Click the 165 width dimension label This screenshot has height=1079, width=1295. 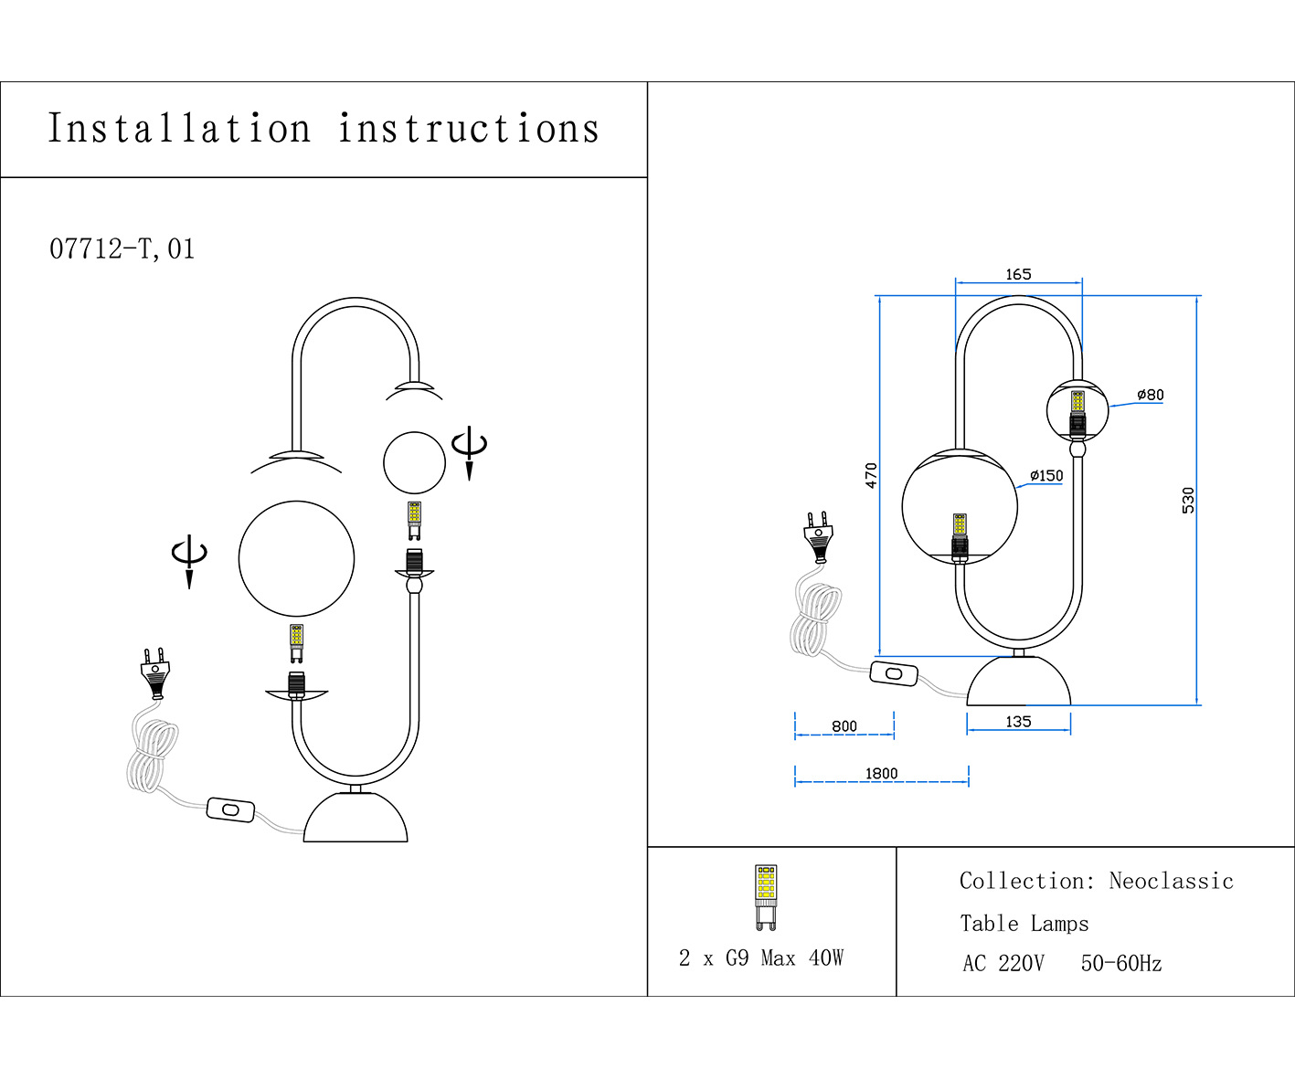1018,274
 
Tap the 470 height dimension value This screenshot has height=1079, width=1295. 871,475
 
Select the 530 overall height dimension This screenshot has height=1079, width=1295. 1187,500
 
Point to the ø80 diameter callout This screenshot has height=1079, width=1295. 1150,395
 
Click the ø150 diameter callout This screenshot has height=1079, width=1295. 1046,475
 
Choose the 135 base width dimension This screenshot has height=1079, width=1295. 1018,721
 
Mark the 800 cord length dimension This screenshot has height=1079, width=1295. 844,726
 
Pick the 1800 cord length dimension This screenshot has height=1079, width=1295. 881,773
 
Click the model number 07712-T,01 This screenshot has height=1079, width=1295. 122,249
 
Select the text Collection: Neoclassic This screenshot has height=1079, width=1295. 1096,881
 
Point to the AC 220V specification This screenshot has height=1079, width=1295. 1003,963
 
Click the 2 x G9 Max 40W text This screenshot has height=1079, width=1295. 760,957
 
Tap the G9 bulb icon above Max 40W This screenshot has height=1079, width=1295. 766,896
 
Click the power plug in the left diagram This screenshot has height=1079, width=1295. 154,672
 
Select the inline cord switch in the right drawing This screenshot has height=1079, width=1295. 893,674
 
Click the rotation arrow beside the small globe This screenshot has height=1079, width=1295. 469,450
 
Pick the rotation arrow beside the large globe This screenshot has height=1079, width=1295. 189,559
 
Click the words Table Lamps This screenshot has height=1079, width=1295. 1024,924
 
